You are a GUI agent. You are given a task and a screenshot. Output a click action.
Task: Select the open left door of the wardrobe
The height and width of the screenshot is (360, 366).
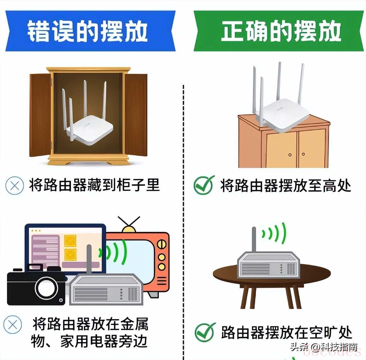(40, 115)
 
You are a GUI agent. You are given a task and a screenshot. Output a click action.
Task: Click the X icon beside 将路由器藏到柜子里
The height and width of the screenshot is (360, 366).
(15, 186)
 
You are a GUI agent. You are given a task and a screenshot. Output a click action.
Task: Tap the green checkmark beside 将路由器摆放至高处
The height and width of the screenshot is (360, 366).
(204, 185)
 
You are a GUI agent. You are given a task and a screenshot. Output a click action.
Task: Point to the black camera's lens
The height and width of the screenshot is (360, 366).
(46, 288)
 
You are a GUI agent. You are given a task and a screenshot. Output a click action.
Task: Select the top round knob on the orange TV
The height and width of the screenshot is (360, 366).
(162, 244)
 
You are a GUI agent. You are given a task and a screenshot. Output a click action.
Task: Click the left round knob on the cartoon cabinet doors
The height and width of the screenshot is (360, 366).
(290, 154)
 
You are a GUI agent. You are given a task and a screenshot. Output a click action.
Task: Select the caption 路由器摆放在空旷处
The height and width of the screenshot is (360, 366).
(286, 333)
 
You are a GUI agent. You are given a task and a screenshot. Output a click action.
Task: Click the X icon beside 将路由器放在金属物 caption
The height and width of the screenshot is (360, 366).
(13, 325)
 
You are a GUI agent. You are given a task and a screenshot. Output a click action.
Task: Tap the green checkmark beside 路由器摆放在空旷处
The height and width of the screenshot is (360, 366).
(205, 332)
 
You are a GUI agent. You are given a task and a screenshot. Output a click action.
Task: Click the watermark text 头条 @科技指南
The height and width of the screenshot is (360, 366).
(324, 347)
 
